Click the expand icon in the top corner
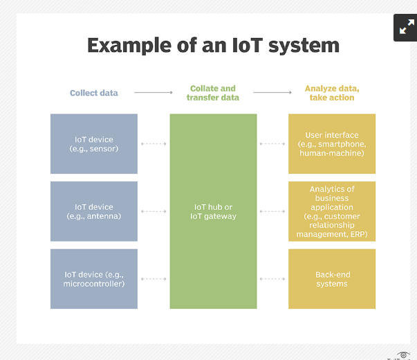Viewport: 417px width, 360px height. pyautogui.click(x=405, y=28)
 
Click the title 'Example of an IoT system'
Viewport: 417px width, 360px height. pyautogui.click(x=213, y=46)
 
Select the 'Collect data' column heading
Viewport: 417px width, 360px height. pyautogui.click(x=94, y=93)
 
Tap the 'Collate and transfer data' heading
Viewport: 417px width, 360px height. pyautogui.click(x=213, y=93)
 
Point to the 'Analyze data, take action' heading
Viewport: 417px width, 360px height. pyautogui.click(x=332, y=93)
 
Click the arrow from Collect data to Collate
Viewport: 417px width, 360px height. pyautogui.click(x=154, y=92)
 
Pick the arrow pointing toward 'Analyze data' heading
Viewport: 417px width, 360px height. pyautogui.click(x=272, y=92)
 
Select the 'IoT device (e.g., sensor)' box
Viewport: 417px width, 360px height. pyautogui.click(x=94, y=144)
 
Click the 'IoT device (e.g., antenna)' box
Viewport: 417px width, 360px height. pyautogui.click(x=94, y=211)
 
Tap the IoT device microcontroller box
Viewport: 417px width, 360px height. pyautogui.click(x=94, y=279)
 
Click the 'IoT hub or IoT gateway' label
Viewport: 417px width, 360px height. pyautogui.click(x=213, y=211)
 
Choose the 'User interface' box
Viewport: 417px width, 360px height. pyautogui.click(x=332, y=144)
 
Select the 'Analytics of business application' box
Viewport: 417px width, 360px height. pyautogui.click(x=332, y=211)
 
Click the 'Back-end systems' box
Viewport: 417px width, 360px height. pyautogui.click(x=332, y=279)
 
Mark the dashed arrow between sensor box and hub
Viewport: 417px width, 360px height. pyautogui.click(x=154, y=144)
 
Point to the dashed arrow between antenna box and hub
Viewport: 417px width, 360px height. pyautogui.click(x=154, y=211)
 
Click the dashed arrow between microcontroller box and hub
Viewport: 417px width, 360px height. pyautogui.click(x=154, y=279)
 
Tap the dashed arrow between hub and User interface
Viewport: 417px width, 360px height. pyautogui.click(x=272, y=144)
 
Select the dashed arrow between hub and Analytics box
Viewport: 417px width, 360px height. pyautogui.click(x=272, y=211)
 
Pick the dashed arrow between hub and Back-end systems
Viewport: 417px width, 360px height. pyautogui.click(x=272, y=279)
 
